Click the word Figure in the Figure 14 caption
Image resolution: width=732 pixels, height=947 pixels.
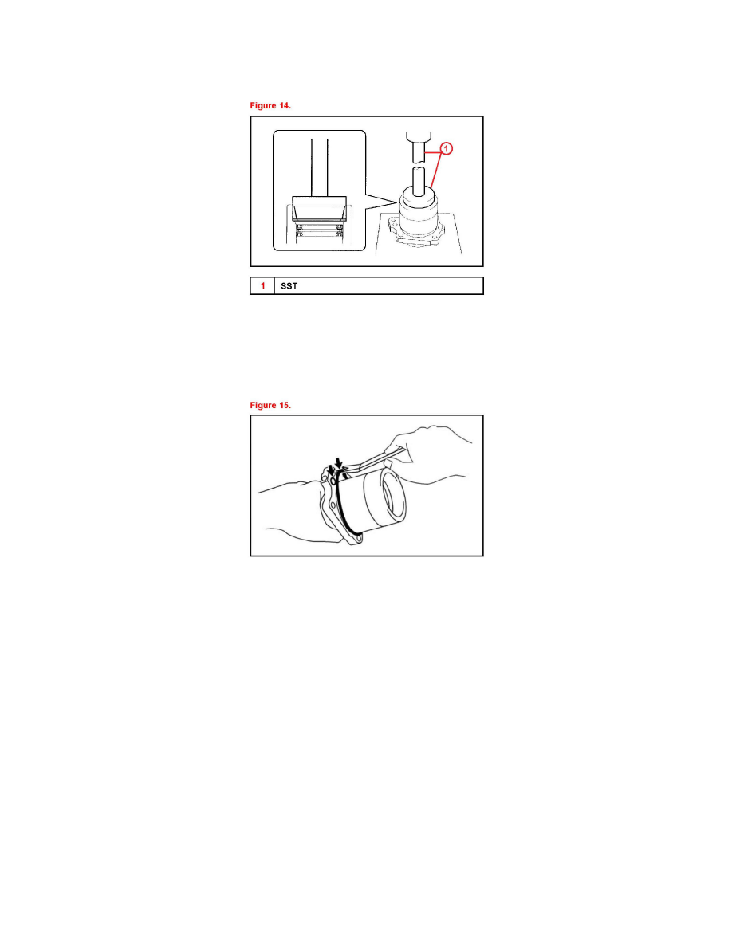(x=262, y=106)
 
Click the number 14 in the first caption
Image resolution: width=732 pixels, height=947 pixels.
(x=285, y=106)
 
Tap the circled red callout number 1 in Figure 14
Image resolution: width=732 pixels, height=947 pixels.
(x=446, y=148)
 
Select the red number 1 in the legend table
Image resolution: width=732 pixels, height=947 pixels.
(x=262, y=285)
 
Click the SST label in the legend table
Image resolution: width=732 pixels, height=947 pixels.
(x=289, y=285)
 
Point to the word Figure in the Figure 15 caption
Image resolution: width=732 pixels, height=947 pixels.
(x=262, y=405)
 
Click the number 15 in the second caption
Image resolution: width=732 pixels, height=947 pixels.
(x=285, y=405)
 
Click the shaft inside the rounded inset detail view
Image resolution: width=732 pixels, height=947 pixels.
(x=320, y=167)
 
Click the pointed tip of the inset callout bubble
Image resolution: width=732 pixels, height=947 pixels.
(x=397, y=203)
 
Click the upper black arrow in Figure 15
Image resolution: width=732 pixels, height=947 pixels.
(x=340, y=463)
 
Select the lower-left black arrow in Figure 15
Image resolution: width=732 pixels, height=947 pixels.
(x=331, y=470)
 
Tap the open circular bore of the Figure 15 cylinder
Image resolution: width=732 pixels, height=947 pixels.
(x=392, y=495)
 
